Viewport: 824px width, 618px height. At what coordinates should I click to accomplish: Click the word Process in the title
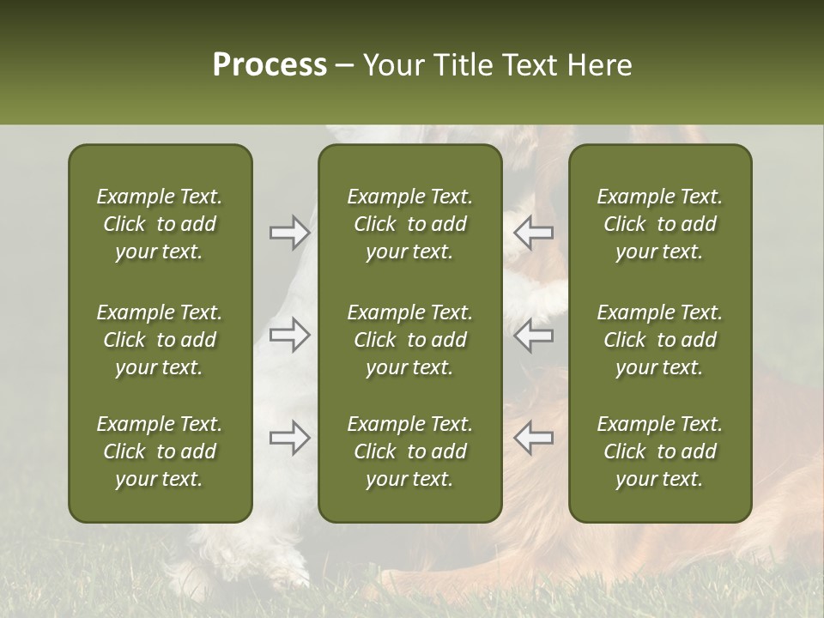pyautogui.click(x=270, y=65)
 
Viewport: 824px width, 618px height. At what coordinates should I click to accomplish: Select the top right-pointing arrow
pyautogui.click(x=289, y=233)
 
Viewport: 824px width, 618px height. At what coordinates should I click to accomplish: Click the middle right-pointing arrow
pyautogui.click(x=289, y=335)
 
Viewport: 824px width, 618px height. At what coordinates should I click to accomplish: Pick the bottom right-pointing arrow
pyautogui.click(x=289, y=438)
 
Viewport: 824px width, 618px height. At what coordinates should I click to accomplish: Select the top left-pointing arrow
pyautogui.click(x=533, y=233)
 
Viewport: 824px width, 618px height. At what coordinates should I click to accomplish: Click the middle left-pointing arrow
pyautogui.click(x=533, y=335)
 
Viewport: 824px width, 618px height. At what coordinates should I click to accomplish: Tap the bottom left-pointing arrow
pyautogui.click(x=533, y=438)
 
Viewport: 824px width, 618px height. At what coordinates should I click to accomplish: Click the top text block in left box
pyautogui.click(x=160, y=224)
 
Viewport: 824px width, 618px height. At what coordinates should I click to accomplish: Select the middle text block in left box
pyautogui.click(x=160, y=340)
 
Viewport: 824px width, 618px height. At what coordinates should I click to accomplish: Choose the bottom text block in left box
pyautogui.click(x=160, y=451)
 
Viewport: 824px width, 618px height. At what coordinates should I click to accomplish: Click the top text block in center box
pyautogui.click(x=409, y=224)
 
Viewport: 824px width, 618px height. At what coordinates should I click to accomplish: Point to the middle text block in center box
pyautogui.click(x=409, y=340)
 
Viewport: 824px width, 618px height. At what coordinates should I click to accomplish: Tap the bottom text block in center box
pyautogui.click(x=409, y=451)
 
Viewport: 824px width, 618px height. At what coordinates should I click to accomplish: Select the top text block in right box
pyautogui.click(x=659, y=224)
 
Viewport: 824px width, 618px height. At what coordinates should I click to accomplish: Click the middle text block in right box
pyautogui.click(x=659, y=340)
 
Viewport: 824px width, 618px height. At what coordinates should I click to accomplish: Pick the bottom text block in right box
pyautogui.click(x=659, y=451)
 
